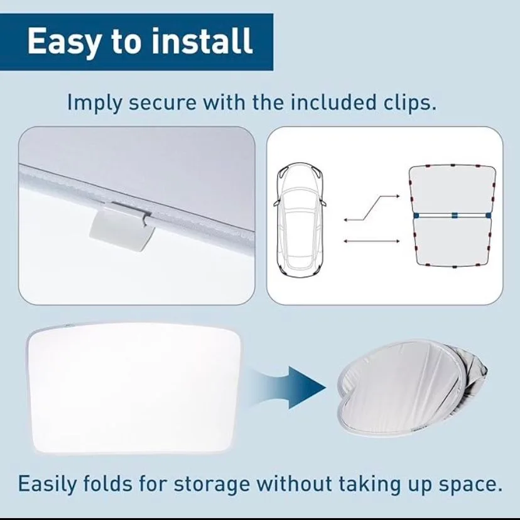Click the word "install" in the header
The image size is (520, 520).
(202, 41)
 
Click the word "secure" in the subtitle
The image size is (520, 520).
(162, 103)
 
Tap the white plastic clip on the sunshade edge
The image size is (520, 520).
(122, 226)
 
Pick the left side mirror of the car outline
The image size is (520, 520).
(276, 202)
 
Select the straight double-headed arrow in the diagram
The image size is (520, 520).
(371, 241)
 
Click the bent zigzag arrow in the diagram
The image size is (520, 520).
(371, 208)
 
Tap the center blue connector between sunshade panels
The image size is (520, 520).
(454, 215)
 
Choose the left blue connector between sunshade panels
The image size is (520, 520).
(416, 216)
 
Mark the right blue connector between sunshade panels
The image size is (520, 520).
(488, 216)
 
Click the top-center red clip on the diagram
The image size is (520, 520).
(453, 165)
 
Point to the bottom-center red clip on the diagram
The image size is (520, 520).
(455, 267)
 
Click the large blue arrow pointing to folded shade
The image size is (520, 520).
(288, 387)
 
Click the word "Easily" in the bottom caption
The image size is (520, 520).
(47, 484)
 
